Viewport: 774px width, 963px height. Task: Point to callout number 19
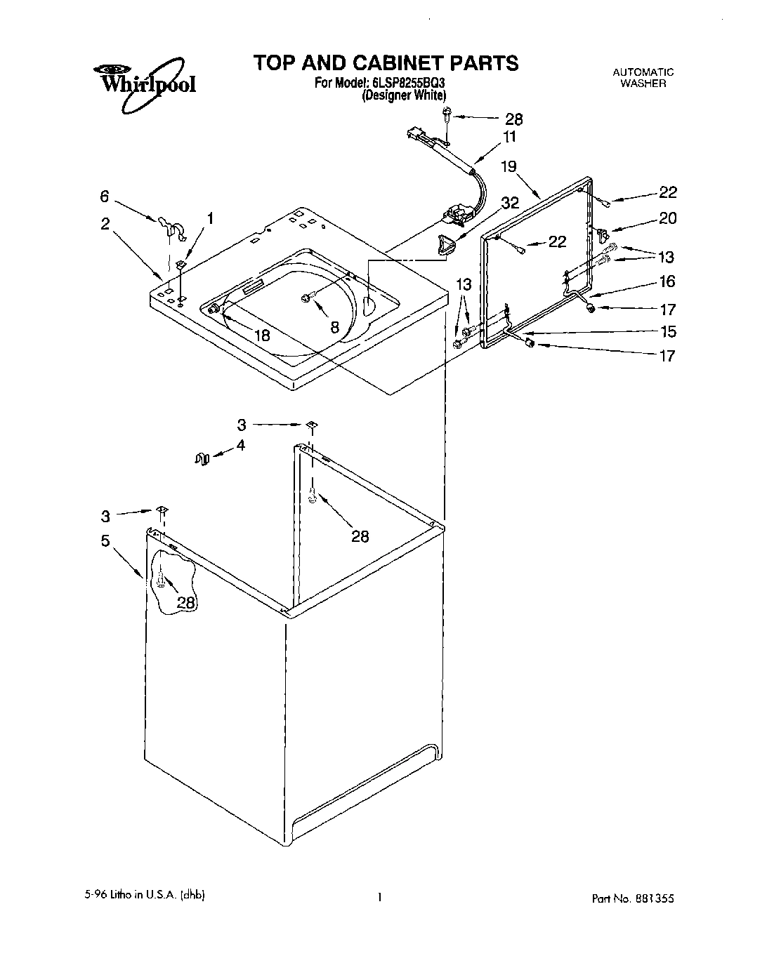pyautogui.click(x=509, y=166)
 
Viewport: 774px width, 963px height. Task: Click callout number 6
pyautogui.click(x=105, y=197)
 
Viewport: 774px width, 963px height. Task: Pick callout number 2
pyautogui.click(x=105, y=224)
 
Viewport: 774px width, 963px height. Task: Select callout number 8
pyautogui.click(x=334, y=326)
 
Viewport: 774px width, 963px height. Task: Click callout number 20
pyautogui.click(x=667, y=218)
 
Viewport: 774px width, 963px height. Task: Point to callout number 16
pyautogui.click(x=667, y=281)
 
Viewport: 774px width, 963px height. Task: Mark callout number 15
pyautogui.click(x=667, y=331)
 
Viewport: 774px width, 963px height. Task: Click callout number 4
pyautogui.click(x=240, y=445)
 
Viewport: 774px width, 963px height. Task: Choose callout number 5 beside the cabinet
pyautogui.click(x=105, y=540)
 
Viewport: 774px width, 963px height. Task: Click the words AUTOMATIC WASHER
pyautogui.click(x=643, y=77)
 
